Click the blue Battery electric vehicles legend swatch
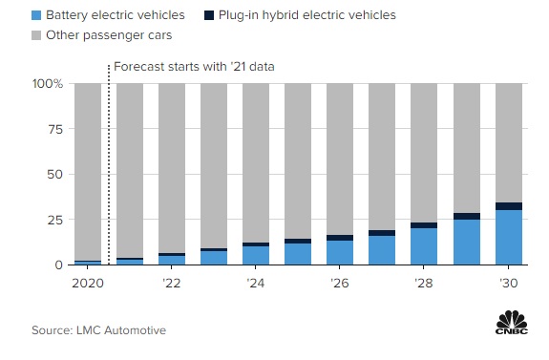click(x=36, y=15)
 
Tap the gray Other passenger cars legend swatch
click(x=36, y=35)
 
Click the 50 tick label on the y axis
click(x=54, y=175)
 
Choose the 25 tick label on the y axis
click(x=54, y=220)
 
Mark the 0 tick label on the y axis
click(x=58, y=265)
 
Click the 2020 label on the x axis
click(x=88, y=284)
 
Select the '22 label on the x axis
click(x=172, y=284)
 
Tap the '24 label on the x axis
click(x=256, y=284)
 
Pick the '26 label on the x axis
click(x=340, y=284)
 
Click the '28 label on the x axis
click(x=424, y=284)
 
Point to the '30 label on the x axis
click(x=508, y=284)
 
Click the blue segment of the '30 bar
click(x=508, y=238)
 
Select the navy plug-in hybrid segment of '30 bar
click(x=508, y=206)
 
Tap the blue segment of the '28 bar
click(x=424, y=246)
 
